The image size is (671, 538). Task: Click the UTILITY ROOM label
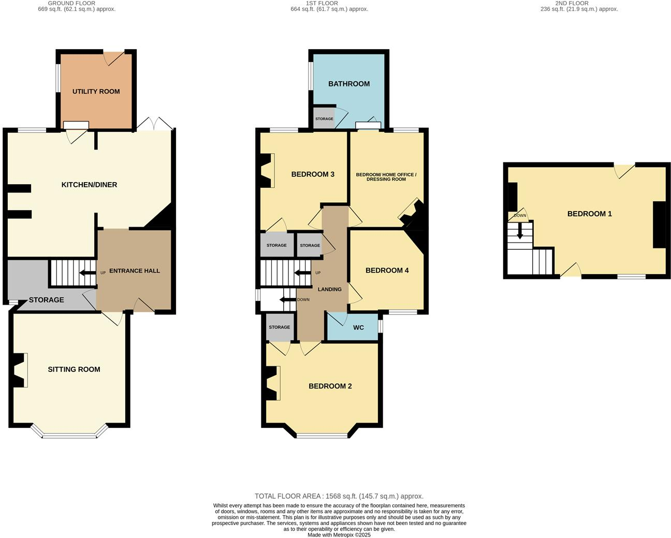tap(96, 92)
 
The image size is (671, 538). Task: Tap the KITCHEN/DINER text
tap(89, 185)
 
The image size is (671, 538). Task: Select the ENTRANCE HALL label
tap(134, 271)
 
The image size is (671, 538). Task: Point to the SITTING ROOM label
tap(74, 369)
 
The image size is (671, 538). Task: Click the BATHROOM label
tap(349, 84)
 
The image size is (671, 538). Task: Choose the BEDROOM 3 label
tap(313, 174)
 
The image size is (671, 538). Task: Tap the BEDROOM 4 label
tap(387, 270)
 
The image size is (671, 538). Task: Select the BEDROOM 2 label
tap(330, 386)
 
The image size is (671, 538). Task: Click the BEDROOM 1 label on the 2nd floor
tap(589, 214)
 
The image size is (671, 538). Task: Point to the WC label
tap(358, 327)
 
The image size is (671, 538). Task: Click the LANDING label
tap(329, 289)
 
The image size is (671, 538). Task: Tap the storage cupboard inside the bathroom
tap(324, 118)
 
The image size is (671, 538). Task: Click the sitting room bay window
tap(69, 435)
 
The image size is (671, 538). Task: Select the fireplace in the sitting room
tap(19, 370)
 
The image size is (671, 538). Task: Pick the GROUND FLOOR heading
tap(71, 3)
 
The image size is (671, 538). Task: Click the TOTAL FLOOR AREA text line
tap(339, 496)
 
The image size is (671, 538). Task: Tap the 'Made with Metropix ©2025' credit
tap(339, 535)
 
